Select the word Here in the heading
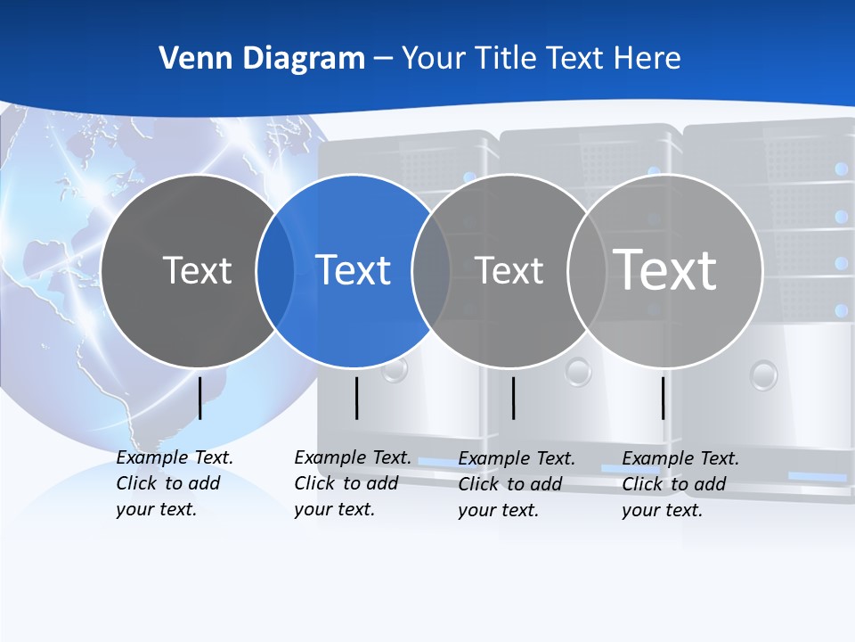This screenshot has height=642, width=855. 647,59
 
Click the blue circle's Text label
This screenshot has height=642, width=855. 354,270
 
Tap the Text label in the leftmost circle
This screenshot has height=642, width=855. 197,270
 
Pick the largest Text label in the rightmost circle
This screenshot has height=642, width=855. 665,269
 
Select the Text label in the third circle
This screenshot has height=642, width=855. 509,270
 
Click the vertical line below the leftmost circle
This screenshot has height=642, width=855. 199,398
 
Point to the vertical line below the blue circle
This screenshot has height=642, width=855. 356,398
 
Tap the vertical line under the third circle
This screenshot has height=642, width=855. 513,398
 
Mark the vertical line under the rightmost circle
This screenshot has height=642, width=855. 663,398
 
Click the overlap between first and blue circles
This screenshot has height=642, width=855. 275,270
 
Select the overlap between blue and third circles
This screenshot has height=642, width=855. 431,270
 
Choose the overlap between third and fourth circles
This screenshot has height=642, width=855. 586,270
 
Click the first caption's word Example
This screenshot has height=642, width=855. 151,457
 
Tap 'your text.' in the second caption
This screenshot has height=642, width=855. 334,509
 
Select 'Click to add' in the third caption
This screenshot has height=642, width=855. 509,484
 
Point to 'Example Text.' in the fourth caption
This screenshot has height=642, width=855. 680,458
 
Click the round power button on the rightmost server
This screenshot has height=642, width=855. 763,374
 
